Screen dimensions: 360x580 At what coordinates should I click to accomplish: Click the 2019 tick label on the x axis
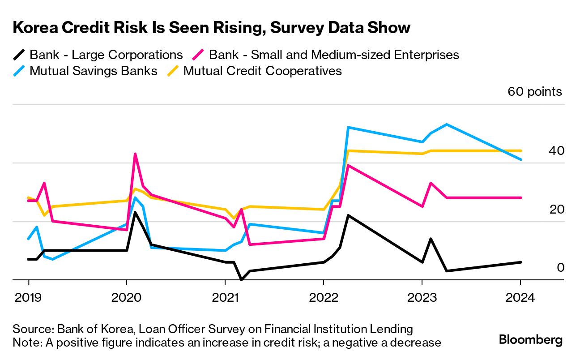[x=29, y=297]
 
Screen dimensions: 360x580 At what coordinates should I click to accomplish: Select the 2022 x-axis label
[x=323, y=297]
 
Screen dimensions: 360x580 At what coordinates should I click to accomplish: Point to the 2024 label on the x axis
[x=520, y=297]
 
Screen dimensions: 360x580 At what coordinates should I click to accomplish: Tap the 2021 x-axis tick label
[x=225, y=297]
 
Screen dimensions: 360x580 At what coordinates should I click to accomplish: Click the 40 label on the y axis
[x=556, y=151]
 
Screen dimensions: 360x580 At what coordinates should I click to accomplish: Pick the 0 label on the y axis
[x=560, y=268]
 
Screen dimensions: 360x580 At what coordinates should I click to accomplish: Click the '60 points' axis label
[x=534, y=92]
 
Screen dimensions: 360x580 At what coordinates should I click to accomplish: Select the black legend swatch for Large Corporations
[x=19, y=55]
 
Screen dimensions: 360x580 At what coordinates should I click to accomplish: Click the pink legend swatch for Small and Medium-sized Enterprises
[x=198, y=55]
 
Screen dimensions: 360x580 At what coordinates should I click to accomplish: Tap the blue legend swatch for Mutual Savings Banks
[x=19, y=71]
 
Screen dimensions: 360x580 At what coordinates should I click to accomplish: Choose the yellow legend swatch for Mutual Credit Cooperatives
[x=173, y=71]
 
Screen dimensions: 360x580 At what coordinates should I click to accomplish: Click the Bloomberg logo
[x=531, y=340]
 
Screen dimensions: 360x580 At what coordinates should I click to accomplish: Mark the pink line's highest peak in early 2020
[x=135, y=154]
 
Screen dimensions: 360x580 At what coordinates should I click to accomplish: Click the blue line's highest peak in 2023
[x=447, y=124]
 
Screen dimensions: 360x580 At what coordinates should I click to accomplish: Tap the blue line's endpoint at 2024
[x=520, y=159]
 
